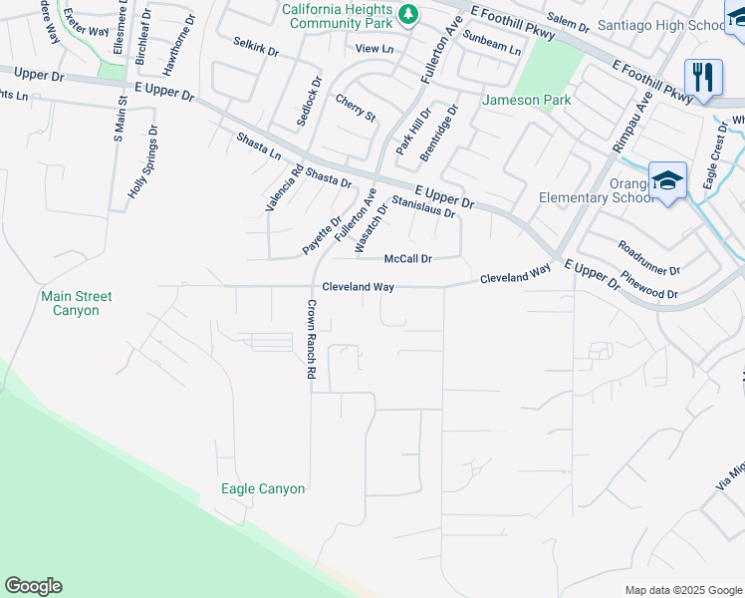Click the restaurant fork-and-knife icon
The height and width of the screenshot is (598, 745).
703,77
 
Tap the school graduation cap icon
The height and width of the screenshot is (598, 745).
667,180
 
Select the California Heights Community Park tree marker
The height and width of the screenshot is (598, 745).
407,14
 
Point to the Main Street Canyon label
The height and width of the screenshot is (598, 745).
77,303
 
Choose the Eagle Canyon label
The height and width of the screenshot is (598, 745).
263,488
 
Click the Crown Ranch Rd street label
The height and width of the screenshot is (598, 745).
311,339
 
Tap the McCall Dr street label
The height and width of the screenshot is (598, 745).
407,259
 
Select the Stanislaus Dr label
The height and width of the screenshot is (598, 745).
423,207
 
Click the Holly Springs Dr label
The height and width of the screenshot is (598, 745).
141,167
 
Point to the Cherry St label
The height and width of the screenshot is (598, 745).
356,109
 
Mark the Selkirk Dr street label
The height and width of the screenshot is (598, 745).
256,46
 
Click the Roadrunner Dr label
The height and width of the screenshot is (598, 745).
647,257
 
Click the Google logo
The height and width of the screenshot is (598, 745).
33,586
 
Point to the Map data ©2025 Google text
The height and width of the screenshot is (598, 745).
683,590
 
